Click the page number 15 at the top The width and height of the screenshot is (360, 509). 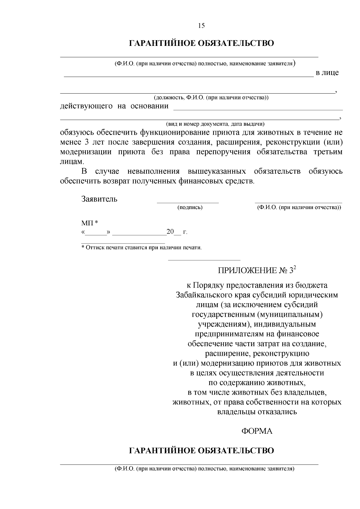202,25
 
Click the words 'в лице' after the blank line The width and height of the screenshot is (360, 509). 327,73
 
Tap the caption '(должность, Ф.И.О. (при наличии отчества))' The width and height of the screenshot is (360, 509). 211,98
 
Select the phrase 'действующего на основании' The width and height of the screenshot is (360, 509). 114,106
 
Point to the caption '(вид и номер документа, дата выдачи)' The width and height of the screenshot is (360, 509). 215,124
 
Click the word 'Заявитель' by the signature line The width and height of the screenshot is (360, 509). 99,199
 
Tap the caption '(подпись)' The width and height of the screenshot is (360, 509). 190,207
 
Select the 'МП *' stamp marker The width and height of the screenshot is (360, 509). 90,223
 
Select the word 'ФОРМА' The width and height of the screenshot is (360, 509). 257,431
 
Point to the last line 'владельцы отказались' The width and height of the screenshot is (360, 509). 257,412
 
